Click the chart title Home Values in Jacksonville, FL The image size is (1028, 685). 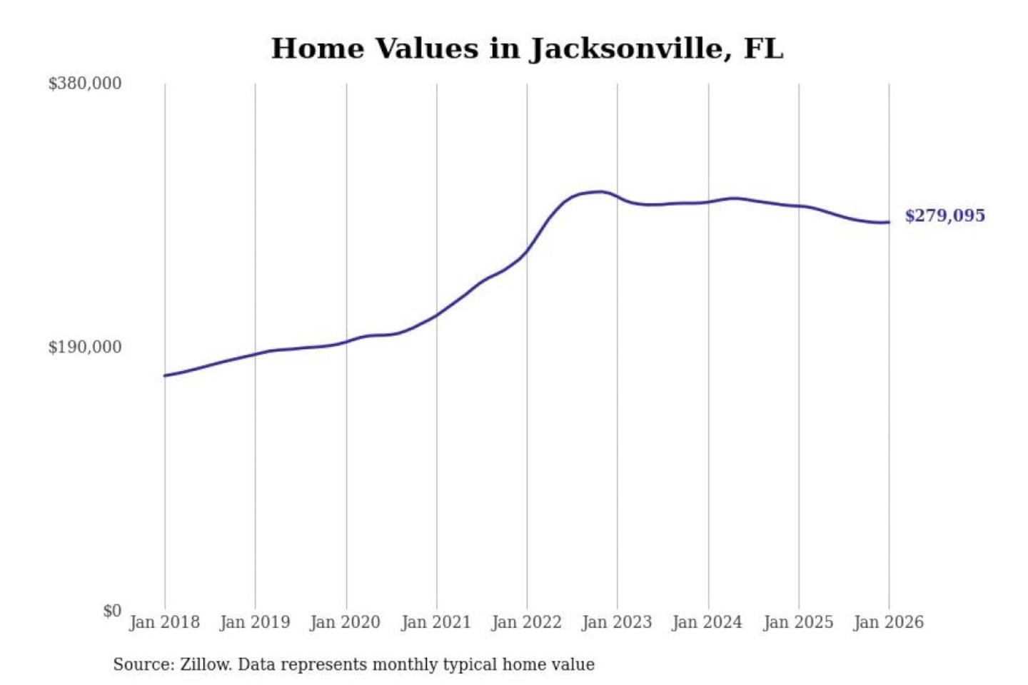527,49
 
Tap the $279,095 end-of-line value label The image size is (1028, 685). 944,215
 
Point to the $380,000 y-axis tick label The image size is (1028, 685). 85,83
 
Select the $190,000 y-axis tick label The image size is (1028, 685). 85,347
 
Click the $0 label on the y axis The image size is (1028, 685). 112,611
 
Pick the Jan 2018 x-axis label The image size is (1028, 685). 165,622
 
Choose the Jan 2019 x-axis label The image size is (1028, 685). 255,622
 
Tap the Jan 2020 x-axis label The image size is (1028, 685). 346,622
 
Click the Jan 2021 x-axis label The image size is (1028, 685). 436,622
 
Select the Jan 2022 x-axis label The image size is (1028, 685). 527,622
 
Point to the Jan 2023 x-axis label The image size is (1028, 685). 618,622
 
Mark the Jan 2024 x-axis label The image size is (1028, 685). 707,622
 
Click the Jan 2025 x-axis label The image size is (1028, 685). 798,622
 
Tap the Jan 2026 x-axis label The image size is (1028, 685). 889,622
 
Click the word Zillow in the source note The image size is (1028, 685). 206,665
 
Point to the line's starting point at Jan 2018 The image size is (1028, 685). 165,375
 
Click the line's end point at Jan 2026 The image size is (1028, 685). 889,222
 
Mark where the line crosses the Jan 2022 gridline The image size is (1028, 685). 528,250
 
